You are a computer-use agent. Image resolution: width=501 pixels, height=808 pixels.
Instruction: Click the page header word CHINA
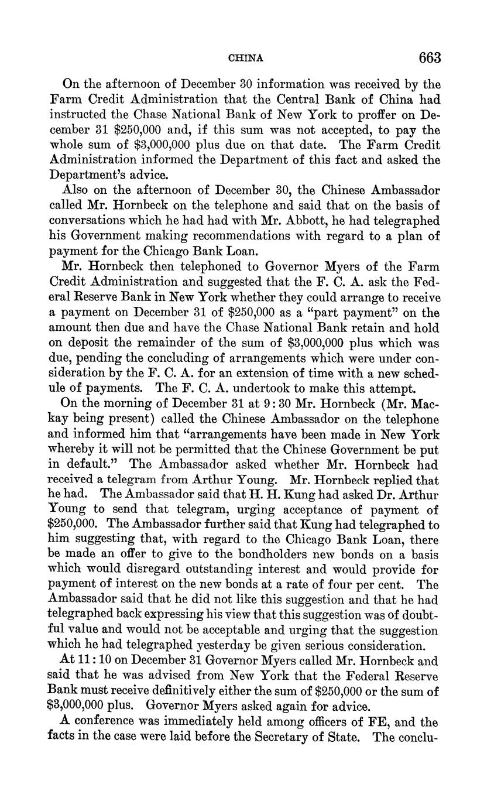tap(245, 58)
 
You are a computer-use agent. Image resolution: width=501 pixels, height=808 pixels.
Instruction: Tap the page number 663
tap(429, 57)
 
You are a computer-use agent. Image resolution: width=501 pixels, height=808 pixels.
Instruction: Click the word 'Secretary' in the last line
tap(274, 737)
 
